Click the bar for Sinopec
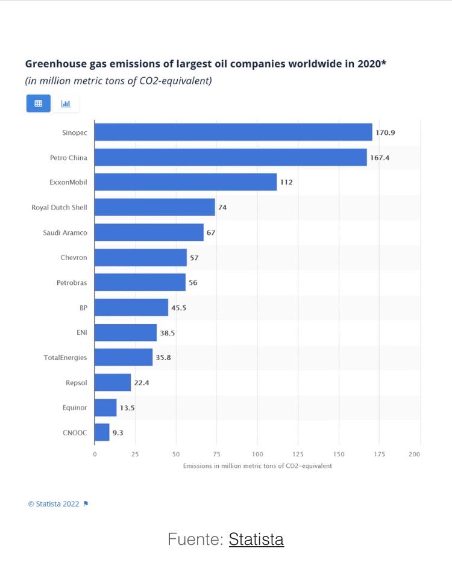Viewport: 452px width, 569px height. tap(233, 132)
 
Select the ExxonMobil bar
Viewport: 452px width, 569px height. tap(186, 182)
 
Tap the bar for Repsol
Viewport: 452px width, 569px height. tap(113, 382)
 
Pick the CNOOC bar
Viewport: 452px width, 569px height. tap(102, 432)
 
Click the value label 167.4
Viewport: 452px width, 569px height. tap(380, 157)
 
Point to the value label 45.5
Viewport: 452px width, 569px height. tap(179, 308)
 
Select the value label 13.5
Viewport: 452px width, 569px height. tap(127, 408)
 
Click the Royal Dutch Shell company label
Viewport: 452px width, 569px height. tap(59, 207)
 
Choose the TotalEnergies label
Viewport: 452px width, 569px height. tap(65, 358)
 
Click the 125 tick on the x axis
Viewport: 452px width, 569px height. tap(298, 454)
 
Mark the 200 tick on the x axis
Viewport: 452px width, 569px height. tap(414, 454)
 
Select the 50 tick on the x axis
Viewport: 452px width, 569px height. tap(176, 454)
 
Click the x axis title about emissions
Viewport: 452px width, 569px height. tap(257, 466)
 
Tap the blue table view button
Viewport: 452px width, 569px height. tap(39, 104)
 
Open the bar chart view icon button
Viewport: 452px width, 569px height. tap(66, 104)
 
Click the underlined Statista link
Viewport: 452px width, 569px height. tap(256, 539)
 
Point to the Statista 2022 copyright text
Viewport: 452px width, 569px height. tap(54, 504)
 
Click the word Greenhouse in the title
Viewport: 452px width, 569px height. tap(55, 63)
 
